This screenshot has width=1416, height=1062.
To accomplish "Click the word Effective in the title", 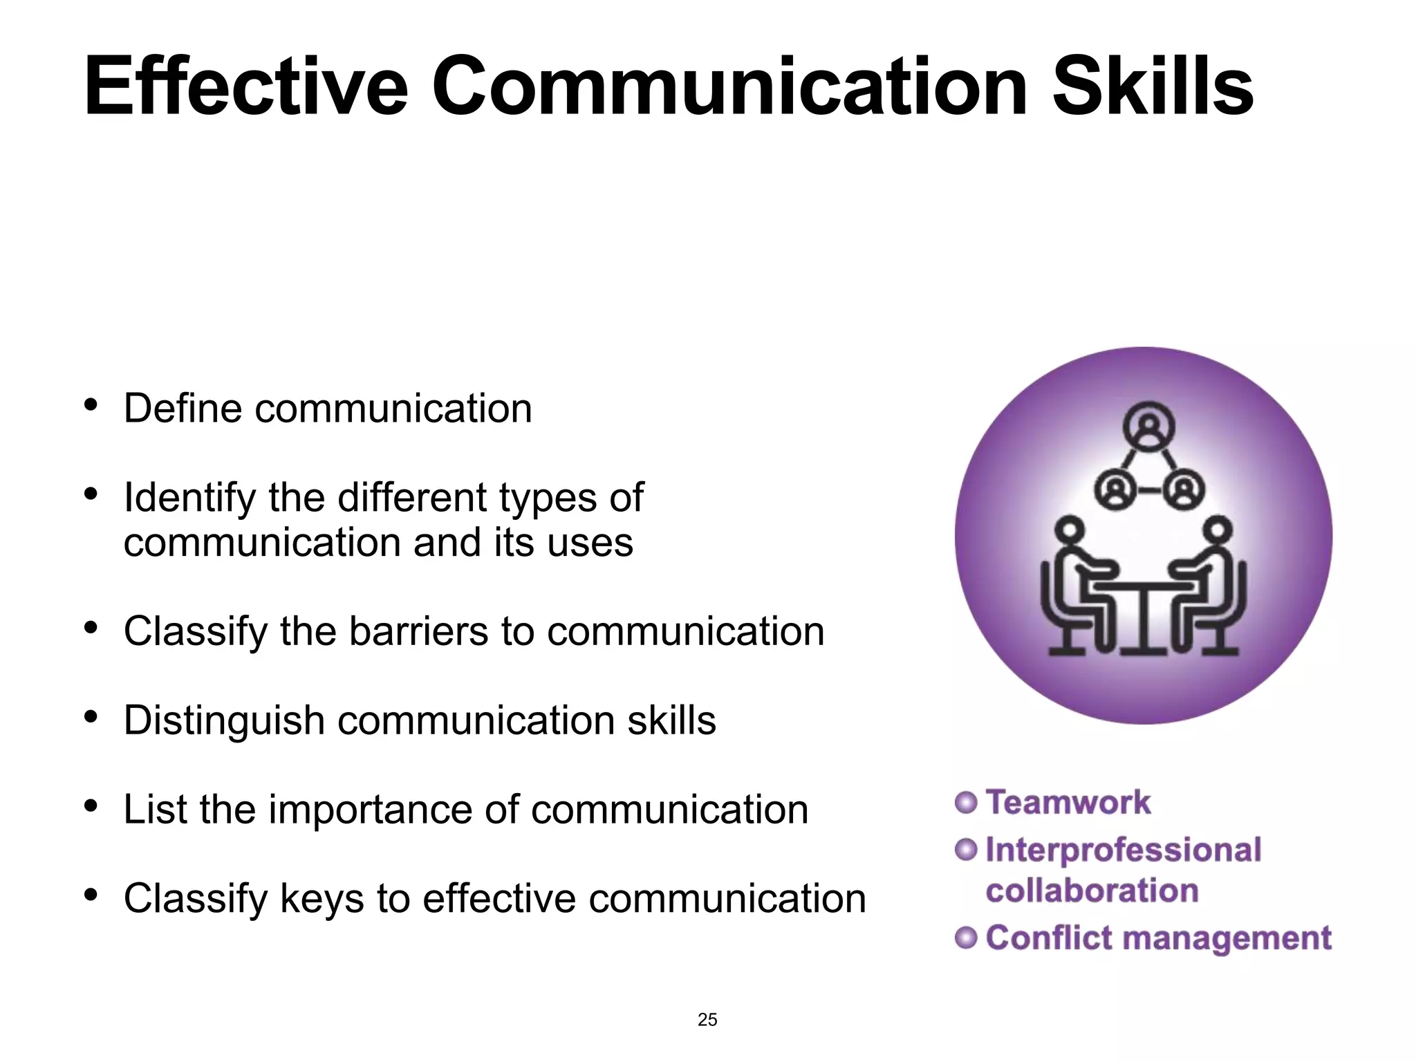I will tap(246, 87).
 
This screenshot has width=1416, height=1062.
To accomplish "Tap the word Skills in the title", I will tap(1153, 87).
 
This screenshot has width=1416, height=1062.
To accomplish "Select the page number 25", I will tap(707, 1019).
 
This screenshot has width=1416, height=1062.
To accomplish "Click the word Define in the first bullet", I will tap(183, 408).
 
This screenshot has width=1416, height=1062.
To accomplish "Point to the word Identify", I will tap(189, 498).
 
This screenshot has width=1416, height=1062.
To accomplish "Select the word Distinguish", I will tap(224, 720).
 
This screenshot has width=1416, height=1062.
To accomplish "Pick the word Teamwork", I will tap(1068, 802).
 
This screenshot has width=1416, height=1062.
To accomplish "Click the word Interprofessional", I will tap(1123, 850).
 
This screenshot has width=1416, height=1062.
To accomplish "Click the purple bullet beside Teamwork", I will tap(966, 802).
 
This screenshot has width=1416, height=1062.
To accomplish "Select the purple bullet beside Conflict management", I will tap(966, 938).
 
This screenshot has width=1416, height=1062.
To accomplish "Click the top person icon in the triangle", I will tap(1148, 427).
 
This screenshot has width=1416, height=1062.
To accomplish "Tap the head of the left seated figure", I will tap(1070, 530).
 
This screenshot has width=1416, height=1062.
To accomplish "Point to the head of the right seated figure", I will tap(1218, 530).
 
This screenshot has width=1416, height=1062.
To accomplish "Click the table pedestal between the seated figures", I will tap(1144, 619).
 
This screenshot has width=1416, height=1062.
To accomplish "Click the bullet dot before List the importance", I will tap(91, 806).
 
